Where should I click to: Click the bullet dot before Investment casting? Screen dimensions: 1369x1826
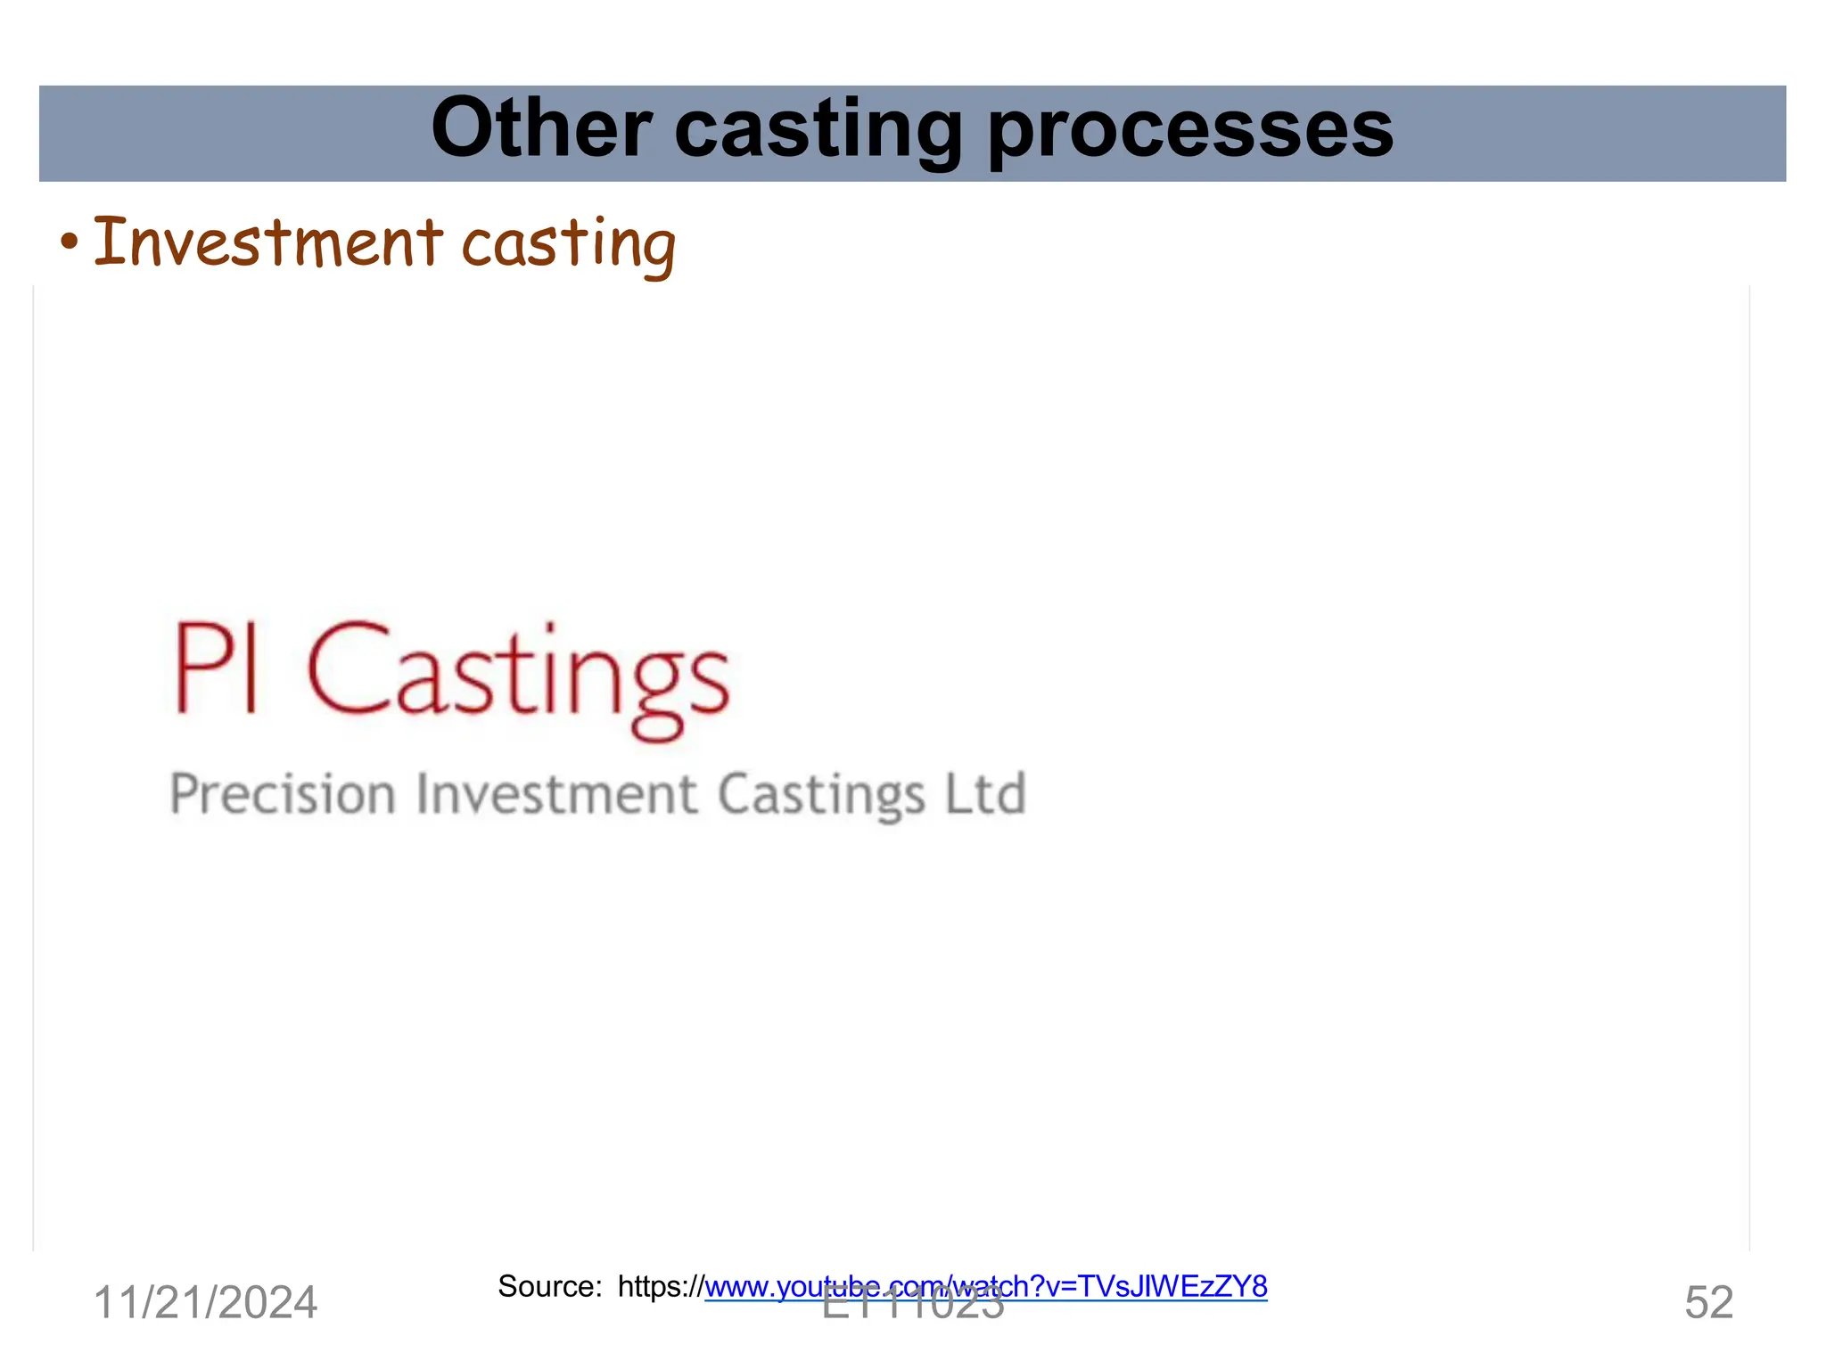(70, 242)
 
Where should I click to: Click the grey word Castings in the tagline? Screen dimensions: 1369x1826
(821, 795)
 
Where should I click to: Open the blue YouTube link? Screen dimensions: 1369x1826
(985, 1286)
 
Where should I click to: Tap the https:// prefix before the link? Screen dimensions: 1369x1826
(661, 1286)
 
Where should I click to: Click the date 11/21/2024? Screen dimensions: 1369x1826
(205, 1303)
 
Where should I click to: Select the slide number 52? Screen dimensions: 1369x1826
(1708, 1303)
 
